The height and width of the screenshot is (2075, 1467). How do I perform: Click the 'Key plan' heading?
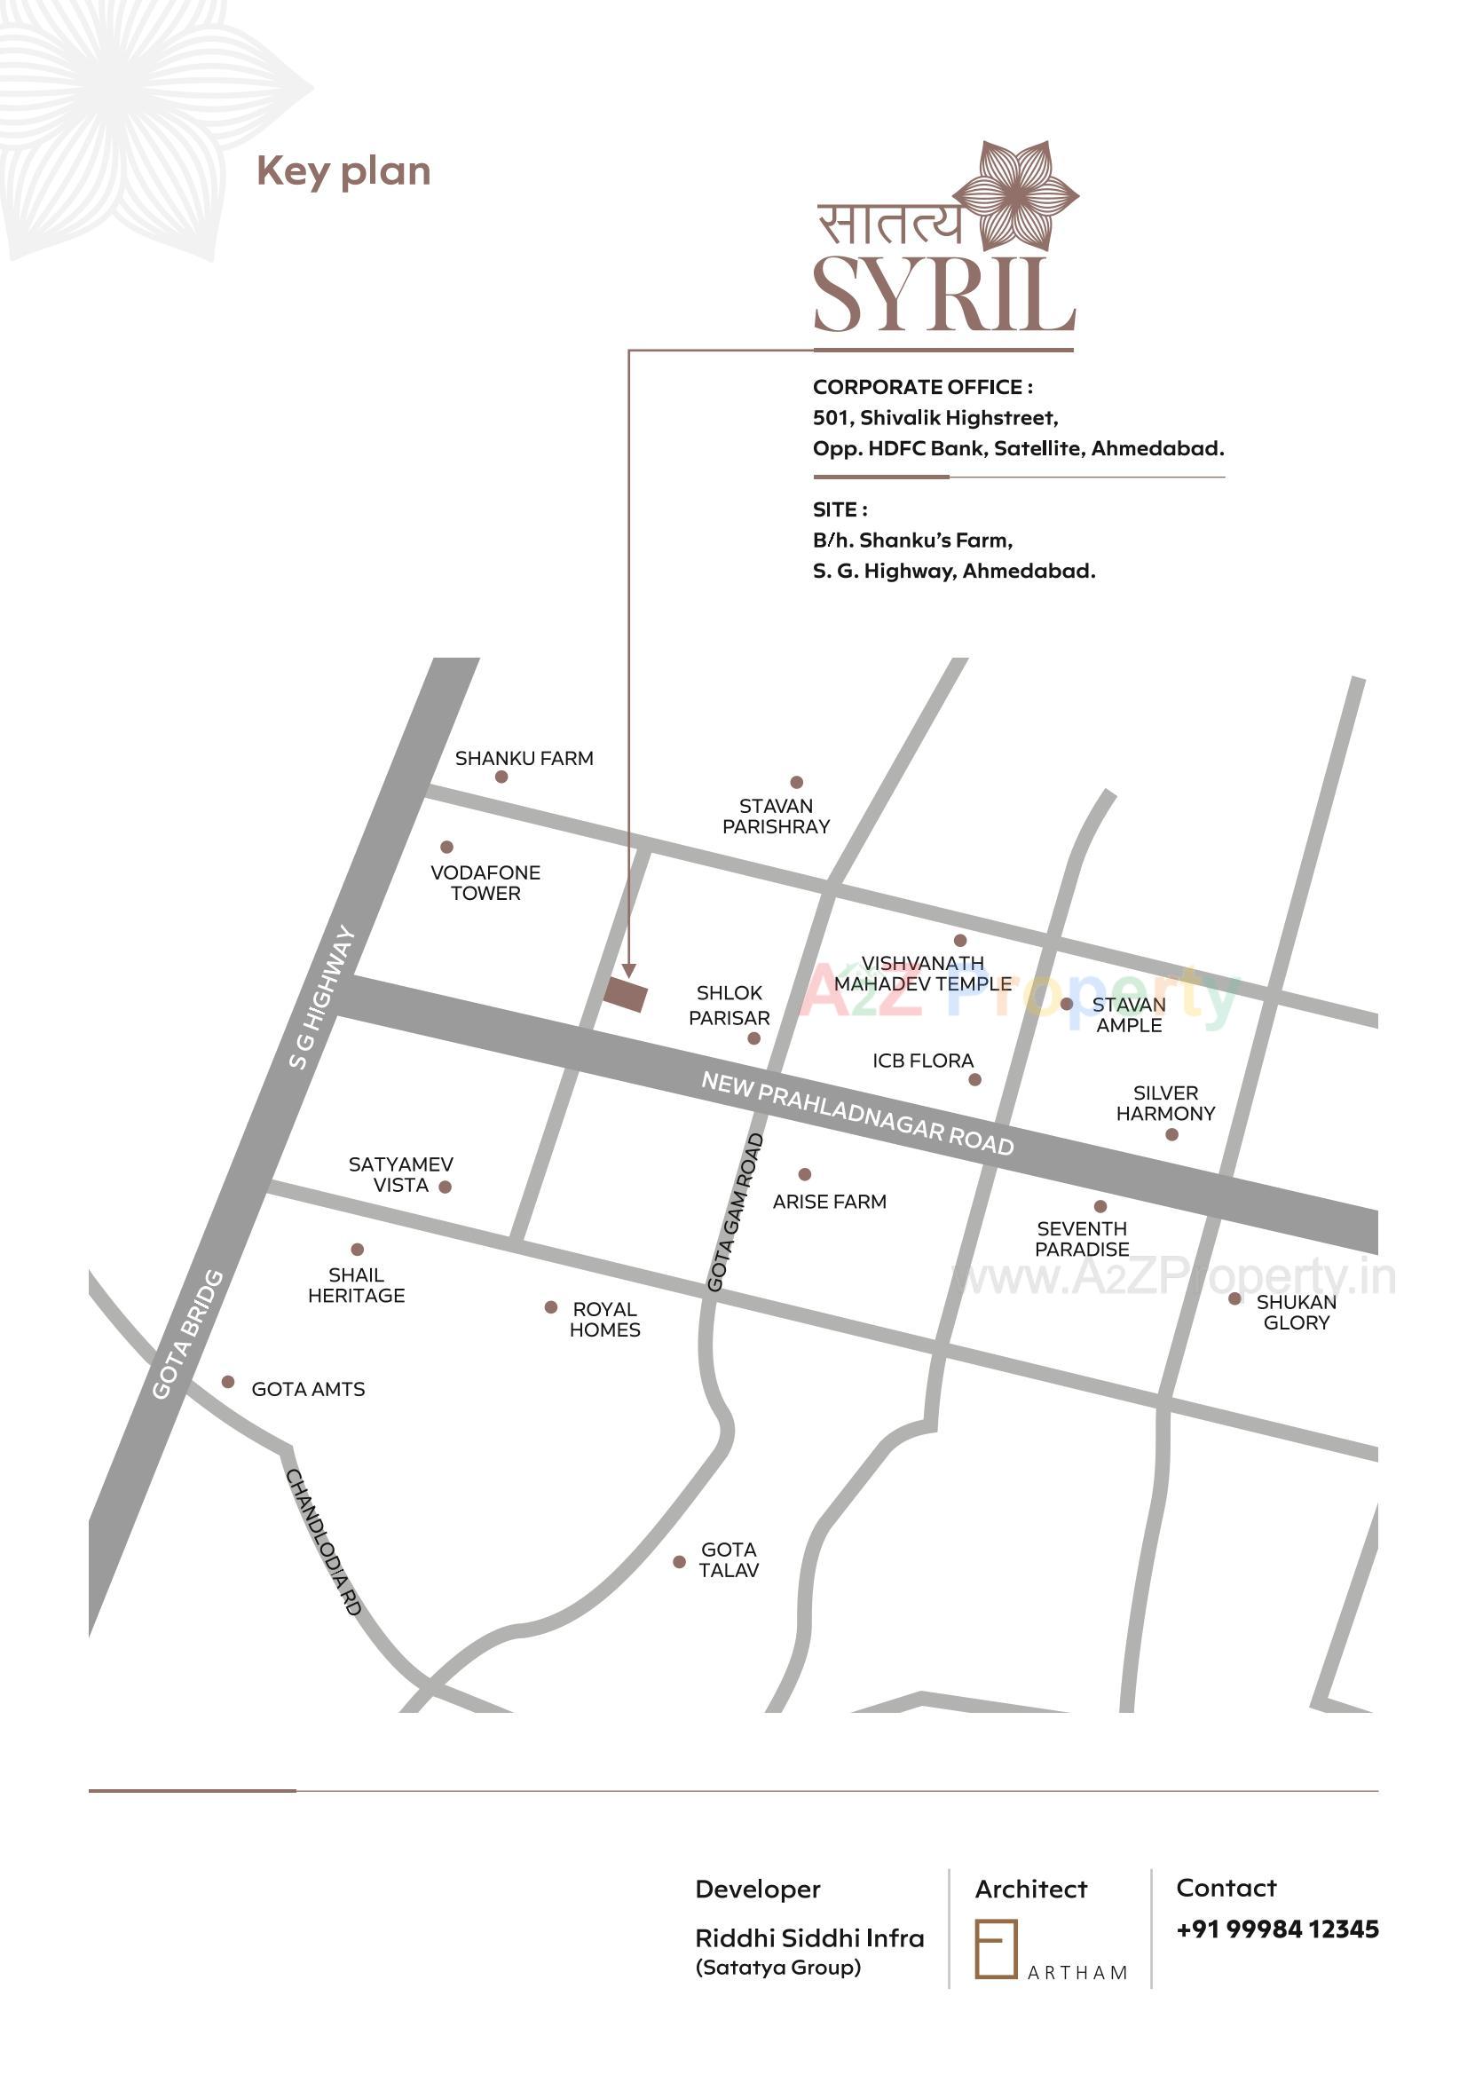click(343, 170)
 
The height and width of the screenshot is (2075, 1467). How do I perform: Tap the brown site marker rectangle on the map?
click(626, 994)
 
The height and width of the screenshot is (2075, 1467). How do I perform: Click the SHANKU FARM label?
click(524, 758)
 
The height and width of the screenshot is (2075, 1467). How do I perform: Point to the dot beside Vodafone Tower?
click(446, 847)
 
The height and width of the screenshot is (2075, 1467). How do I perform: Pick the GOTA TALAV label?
click(729, 1560)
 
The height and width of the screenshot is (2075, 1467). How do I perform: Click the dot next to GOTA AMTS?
click(228, 1382)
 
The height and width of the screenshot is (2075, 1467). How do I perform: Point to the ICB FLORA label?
click(922, 1060)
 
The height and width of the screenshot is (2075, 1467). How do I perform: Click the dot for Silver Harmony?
click(1171, 1134)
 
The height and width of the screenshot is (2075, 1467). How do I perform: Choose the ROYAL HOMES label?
click(604, 1320)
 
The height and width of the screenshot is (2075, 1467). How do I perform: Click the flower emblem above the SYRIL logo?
click(1015, 196)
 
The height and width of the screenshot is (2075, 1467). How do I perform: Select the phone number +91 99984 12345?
click(1276, 1929)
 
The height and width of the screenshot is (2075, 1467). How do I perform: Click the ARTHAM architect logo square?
click(995, 1949)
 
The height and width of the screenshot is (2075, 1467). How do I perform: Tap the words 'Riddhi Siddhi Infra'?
click(809, 1937)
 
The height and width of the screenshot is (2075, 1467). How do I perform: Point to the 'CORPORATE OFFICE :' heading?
click(922, 387)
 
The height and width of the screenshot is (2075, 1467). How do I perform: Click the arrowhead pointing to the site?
click(629, 972)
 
